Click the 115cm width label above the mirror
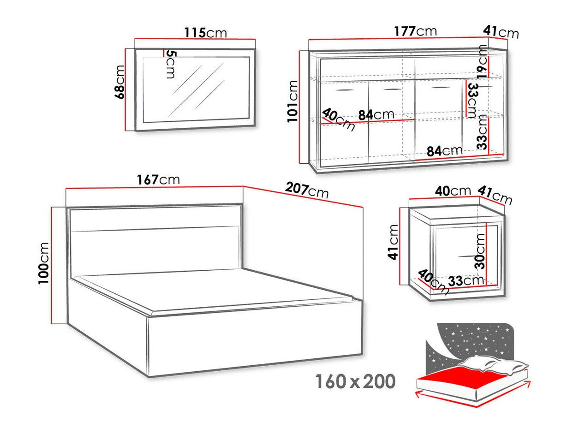[x=205, y=33]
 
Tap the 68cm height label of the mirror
[x=119, y=82]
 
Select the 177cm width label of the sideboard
[x=415, y=31]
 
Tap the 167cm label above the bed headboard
[x=158, y=179]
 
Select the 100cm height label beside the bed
[x=44, y=263]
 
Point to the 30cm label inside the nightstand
[x=480, y=251]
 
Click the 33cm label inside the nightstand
[x=466, y=280]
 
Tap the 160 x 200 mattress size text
[x=355, y=381]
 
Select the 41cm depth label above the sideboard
[x=501, y=32]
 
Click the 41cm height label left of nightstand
[x=393, y=242]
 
